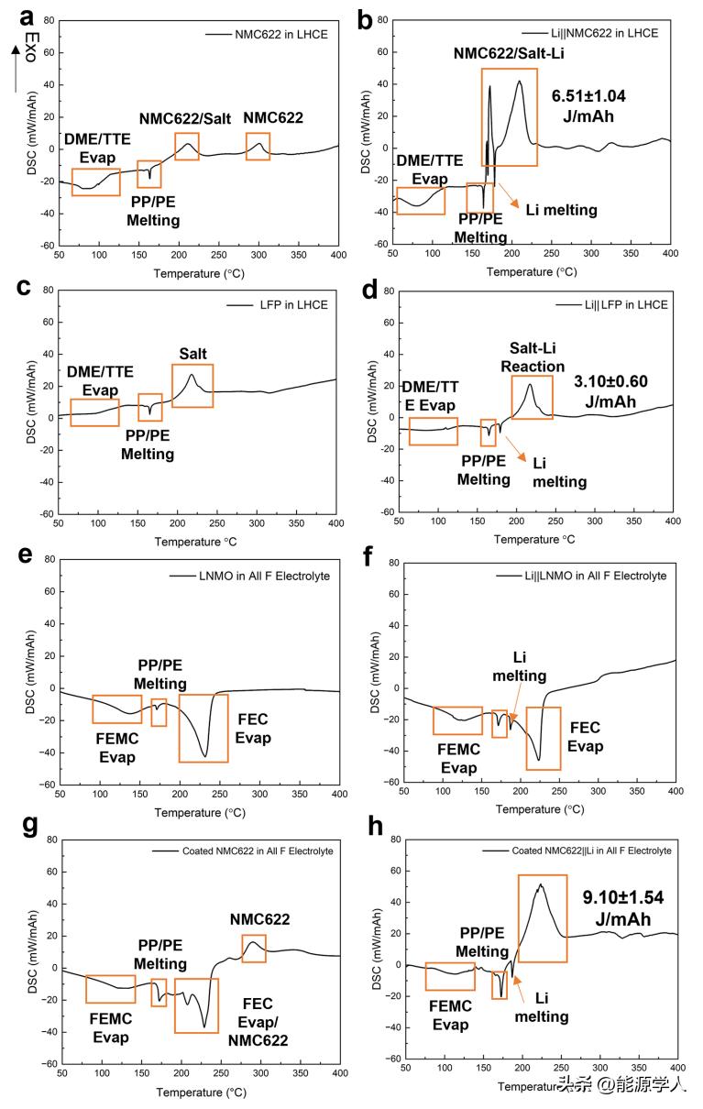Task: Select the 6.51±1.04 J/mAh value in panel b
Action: pyautogui.click(x=582, y=106)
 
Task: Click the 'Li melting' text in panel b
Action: pyautogui.click(x=561, y=211)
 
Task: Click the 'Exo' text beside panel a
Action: pyautogui.click(x=30, y=47)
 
